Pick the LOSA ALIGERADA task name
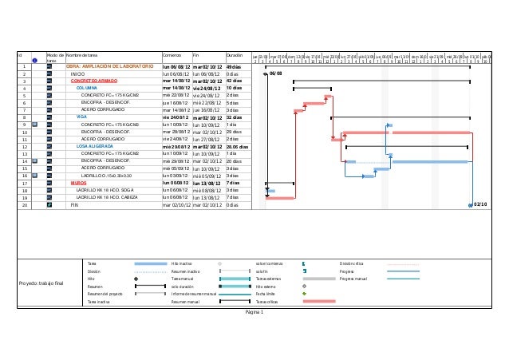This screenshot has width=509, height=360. (94, 146)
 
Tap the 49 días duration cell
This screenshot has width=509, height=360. (234, 66)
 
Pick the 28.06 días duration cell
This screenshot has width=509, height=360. (238, 146)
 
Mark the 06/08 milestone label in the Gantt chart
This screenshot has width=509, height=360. (276, 73)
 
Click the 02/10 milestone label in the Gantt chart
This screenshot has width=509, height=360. (481, 205)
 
